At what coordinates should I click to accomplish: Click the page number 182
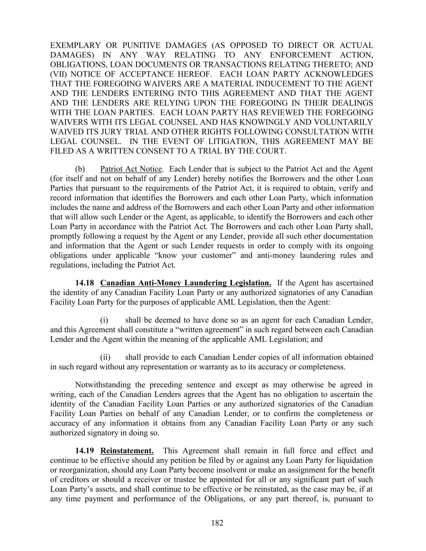pyautogui.click(x=217, y=523)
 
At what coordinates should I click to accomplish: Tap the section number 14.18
pyautogui.click(x=85, y=283)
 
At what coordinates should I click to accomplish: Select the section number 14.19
pyautogui.click(x=85, y=450)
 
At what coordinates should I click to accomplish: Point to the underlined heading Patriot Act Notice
pyautogui.click(x=131, y=169)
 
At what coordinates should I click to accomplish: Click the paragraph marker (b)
pyautogui.click(x=80, y=169)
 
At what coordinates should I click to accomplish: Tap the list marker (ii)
pyautogui.click(x=105, y=357)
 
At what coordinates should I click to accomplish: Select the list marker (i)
pyautogui.click(x=104, y=320)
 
